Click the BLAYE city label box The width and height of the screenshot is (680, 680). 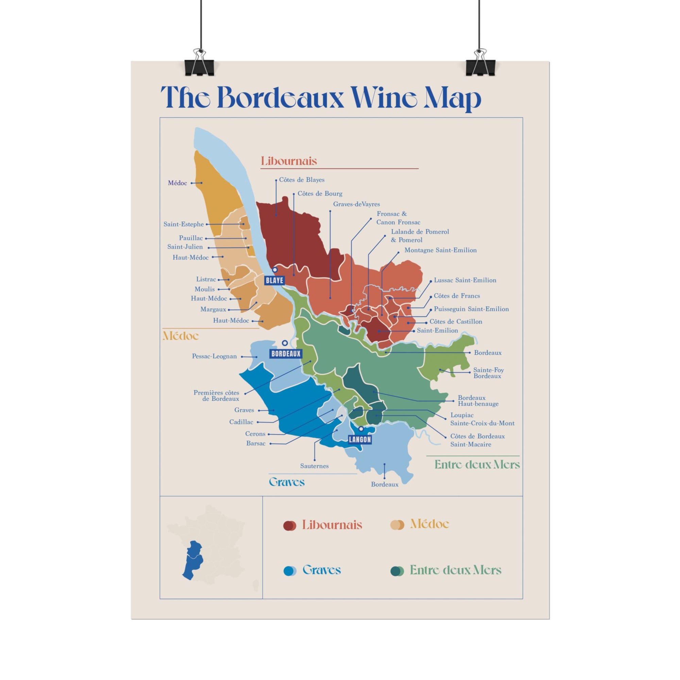pos(274,280)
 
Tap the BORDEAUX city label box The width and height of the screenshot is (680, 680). pos(286,353)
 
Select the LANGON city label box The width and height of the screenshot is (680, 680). pos(360,439)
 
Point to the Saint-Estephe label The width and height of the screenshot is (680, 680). pos(183,224)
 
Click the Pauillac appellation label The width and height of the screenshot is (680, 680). pos(190,238)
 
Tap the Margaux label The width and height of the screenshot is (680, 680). pos(213,309)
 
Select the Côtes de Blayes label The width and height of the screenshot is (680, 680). pos(302,180)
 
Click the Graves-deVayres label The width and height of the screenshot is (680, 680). pos(356,204)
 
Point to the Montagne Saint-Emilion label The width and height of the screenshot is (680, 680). pos(440,250)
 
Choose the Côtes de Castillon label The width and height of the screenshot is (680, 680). pos(456,321)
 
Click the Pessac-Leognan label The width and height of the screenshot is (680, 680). pos(214,356)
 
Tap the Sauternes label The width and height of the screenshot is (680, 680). pos(314,466)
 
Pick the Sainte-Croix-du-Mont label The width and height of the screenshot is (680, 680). pos(482,423)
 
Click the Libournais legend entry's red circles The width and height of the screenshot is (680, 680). pos(289,526)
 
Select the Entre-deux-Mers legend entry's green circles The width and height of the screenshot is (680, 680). pos(397,571)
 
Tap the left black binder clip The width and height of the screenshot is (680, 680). pos(199,66)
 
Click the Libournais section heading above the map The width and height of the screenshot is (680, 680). pos(289,161)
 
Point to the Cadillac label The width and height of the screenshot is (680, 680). pos(241,422)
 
